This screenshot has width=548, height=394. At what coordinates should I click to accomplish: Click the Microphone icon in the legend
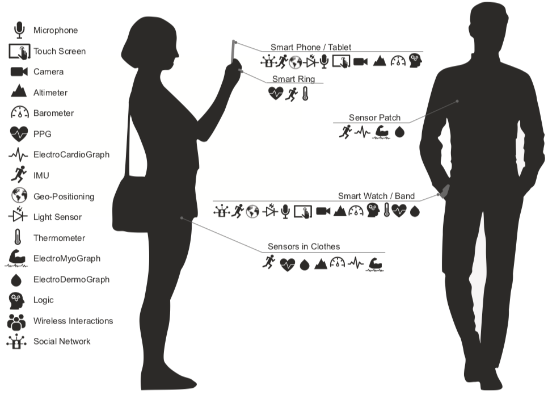(19, 30)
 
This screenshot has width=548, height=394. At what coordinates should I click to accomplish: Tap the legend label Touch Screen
(60, 51)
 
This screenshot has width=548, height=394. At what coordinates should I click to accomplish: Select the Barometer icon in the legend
(19, 112)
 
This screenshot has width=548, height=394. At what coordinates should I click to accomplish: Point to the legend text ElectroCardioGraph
(71, 154)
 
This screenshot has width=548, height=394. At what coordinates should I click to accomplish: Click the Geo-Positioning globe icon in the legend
(19, 196)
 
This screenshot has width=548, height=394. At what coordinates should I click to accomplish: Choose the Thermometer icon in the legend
(18, 237)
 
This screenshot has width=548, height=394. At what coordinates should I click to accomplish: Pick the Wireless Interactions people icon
(16, 321)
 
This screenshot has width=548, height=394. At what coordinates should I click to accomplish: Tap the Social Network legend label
(62, 341)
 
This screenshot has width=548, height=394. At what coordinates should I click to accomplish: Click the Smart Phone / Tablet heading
(311, 47)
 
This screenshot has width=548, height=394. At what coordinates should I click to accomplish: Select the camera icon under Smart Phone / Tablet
(360, 62)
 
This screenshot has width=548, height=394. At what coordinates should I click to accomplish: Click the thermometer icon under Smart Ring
(305, 94)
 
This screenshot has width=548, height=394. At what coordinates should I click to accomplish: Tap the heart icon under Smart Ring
(276, 94)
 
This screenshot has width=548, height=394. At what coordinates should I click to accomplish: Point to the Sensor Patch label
(374, 118)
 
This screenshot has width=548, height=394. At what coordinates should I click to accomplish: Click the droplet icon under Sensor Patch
(399, 132)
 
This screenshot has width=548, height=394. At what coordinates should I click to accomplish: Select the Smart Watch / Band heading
(376, 196)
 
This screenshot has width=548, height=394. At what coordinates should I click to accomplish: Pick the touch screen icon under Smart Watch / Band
(303, 212)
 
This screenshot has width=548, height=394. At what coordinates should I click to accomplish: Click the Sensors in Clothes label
(303, 246)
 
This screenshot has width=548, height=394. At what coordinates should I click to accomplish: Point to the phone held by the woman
(233, 52)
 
